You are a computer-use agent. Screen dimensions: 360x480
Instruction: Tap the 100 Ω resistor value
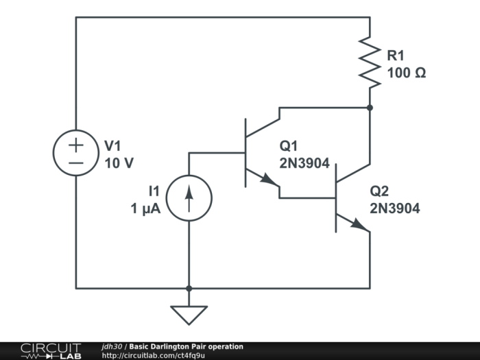(406, 72)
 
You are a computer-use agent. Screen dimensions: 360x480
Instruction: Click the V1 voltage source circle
(75, 153)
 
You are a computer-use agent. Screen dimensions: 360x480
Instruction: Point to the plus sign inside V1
(75, 144)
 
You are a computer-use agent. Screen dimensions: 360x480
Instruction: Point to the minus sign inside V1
(75, 163)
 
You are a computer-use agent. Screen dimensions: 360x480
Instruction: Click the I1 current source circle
(189, 198)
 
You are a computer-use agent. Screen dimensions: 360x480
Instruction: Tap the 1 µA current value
(145, 209)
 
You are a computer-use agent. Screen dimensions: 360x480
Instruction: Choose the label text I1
(155, 191)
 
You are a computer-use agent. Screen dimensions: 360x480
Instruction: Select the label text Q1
(289, 146)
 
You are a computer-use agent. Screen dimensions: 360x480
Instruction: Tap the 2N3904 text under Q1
(304, 164)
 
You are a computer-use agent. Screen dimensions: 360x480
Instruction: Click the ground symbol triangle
(189, 314)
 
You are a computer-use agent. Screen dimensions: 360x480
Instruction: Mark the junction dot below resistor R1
(370, 108)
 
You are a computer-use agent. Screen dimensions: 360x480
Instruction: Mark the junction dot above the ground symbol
(189, 289)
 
